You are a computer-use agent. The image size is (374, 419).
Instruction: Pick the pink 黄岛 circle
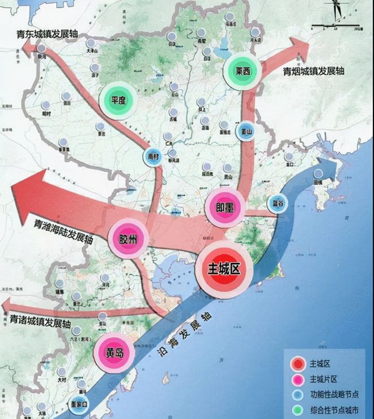[x=113, y=352]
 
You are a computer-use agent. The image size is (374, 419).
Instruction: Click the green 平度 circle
[x=118, y=100]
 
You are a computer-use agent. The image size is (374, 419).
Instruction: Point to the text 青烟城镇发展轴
[x=313, y=72]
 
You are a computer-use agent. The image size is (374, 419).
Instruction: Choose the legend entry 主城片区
[x=323, y=379]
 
